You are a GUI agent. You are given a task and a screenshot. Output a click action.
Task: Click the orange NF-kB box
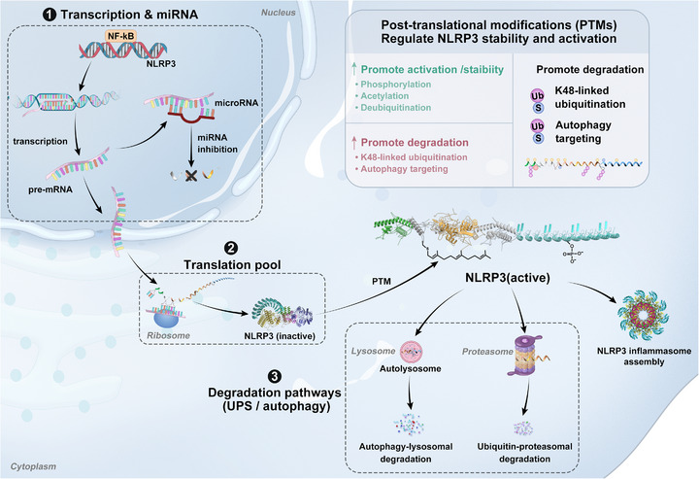point(120,36)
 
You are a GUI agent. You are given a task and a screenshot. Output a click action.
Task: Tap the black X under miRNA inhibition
point(191,176)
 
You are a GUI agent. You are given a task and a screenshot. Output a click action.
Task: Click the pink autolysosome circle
point(411,352)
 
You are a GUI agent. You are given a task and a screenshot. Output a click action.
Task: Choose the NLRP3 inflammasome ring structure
point(643,315)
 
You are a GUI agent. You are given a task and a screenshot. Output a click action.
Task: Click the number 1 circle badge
point(50,15)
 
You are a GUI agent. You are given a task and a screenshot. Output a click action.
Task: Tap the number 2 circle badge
point(231,249)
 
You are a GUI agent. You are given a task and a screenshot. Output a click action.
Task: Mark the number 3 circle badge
point(275,376)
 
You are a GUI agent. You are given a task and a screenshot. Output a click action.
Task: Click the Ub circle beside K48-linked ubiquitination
point(537,95)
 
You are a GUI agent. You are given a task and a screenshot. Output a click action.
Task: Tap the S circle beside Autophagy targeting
point(538,138)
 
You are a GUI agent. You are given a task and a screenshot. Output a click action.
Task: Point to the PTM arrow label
point(382,282)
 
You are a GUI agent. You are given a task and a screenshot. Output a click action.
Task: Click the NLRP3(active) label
point(508,278)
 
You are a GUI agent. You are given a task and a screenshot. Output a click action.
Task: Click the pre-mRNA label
point(50,189)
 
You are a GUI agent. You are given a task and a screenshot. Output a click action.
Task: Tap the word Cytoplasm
point(33,466)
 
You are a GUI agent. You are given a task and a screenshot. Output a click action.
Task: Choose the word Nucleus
point(279,13)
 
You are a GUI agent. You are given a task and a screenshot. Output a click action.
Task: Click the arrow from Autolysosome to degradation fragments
point(410,393)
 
